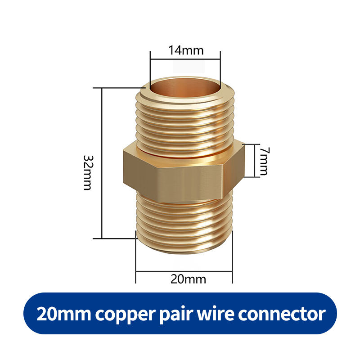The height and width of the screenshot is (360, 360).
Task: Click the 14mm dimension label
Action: [186, 50]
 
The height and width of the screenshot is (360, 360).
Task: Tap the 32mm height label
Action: [88, 173]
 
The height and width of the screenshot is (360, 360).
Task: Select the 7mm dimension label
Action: [263, 161]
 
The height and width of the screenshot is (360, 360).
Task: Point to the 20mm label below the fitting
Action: [188, 279]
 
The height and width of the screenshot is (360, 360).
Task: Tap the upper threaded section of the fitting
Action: [185, 121]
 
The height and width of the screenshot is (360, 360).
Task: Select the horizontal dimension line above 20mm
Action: [184, 271]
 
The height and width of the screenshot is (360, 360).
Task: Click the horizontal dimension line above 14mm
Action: [185, 58]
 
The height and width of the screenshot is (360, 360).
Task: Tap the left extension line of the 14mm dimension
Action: [150, 67]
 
